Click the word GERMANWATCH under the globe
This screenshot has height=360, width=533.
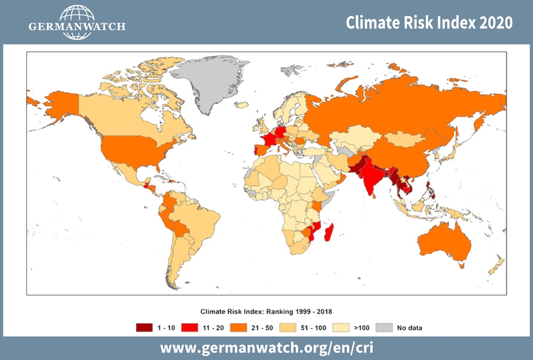77,28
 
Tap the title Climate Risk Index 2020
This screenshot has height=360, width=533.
430,22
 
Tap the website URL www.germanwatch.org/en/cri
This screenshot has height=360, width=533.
266,347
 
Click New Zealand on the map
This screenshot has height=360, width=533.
496,266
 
